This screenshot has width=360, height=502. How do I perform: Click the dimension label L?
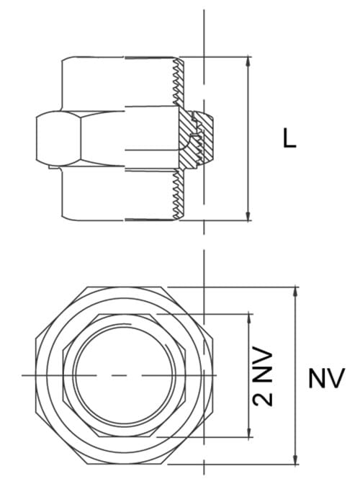tap(289, 138)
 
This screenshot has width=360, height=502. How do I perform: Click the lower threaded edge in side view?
tap(177, 194)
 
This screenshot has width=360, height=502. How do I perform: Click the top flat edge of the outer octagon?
tap(126, 287)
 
